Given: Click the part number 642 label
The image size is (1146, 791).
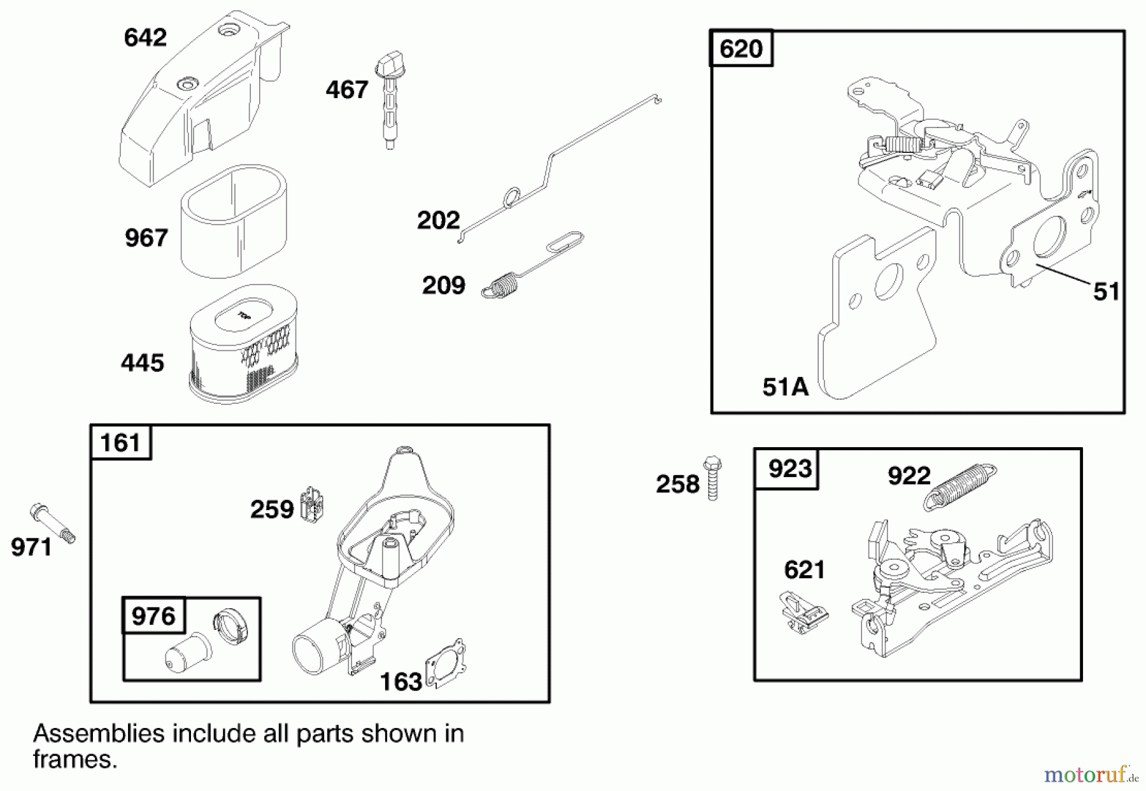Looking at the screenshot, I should coord(145,38).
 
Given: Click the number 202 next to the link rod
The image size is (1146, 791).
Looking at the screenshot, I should coord(438,220).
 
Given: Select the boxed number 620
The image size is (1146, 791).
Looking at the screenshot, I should coord(741,48).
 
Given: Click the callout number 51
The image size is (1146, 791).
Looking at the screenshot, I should coord(1107,292).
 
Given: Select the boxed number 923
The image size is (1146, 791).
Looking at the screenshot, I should coord(789,469).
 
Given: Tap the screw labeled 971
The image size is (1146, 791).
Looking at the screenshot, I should coord(53,523).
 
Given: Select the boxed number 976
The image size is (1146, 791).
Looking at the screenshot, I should coord(153,616).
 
